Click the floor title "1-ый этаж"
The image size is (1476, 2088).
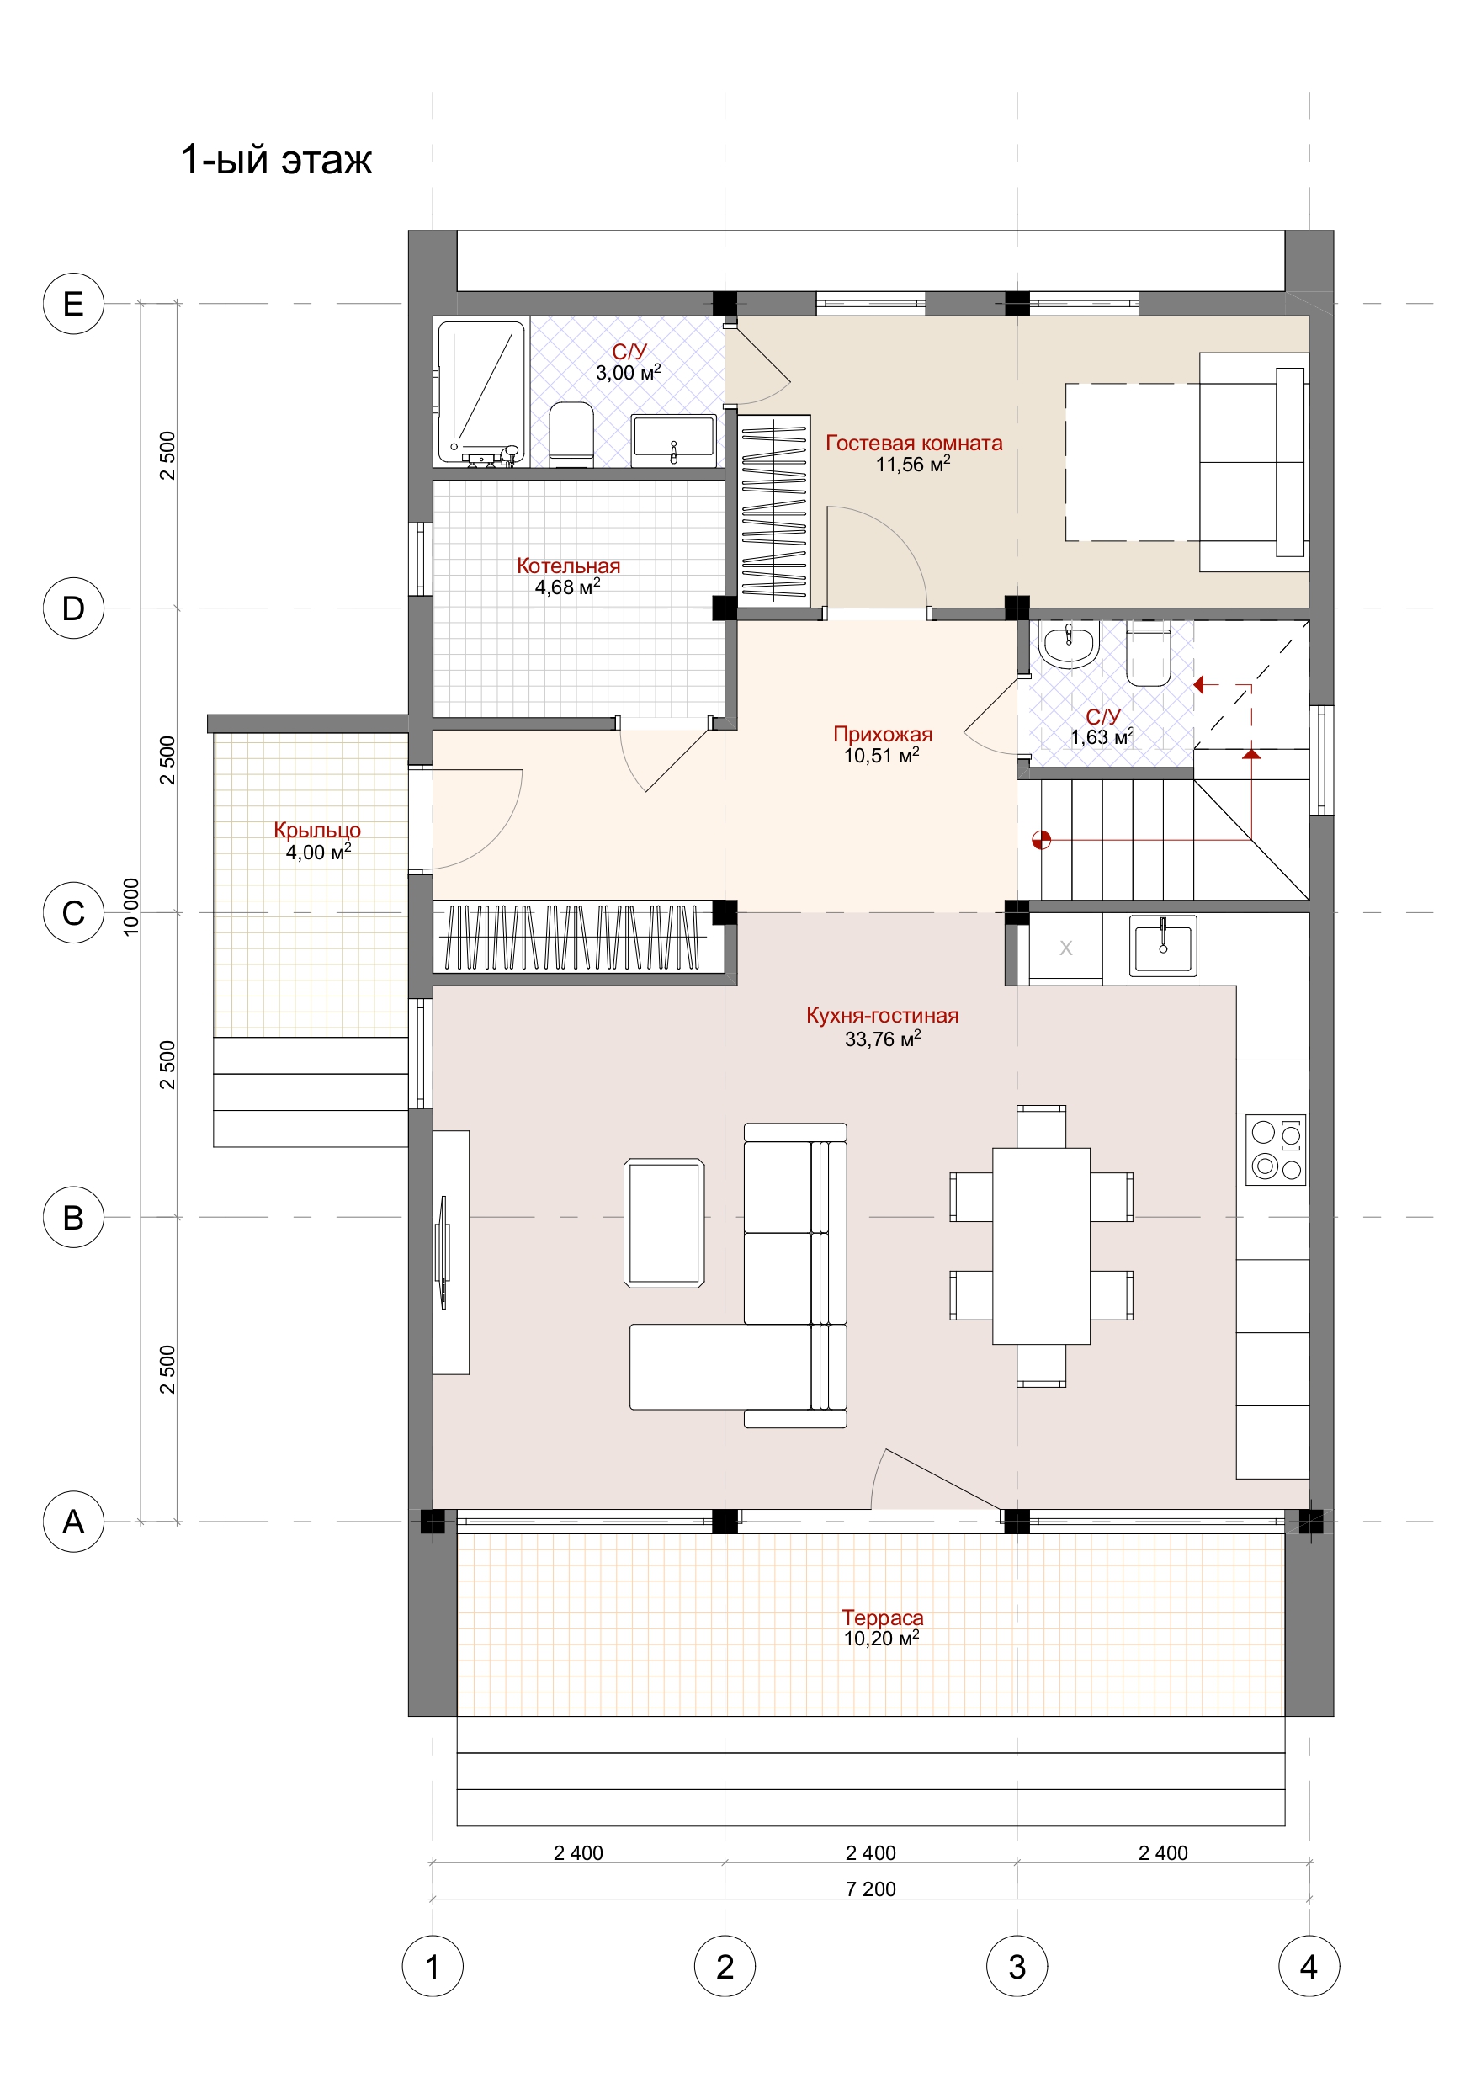pyautogui.click(x=277, y=159)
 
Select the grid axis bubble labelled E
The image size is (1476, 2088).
pyautogui.click(x=74, y=303)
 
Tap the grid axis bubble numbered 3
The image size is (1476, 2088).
pyautogui.click(x=1017, y=1966)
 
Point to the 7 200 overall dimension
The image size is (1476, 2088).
pyautogui.click(x=870, y=1889)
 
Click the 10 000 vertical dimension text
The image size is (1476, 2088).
pyautogui.click(x=131, y=906)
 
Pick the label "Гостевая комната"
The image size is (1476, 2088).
pyautogui.click(x=914, y=443)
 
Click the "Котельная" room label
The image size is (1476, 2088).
pyautogui.click(x=568, y=566)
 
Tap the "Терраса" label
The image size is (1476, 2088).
pyautogui.click(x=882, y=1617)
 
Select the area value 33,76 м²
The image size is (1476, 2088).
pyautogui.click(x=882, y=1038)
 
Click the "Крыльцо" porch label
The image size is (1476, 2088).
pyautogui.click(x=317, y=829)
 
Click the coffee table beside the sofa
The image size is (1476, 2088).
pyautogui.click(x=664, y=1222)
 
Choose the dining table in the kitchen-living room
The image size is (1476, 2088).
pyautogui.click(x=1041, y=1246)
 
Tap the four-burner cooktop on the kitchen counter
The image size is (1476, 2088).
pyautogui.click(x=1275, y=1150)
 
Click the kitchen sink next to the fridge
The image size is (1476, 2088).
pyautogui.click(x=1162, y=945)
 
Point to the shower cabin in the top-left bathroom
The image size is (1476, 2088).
pyautogui.click(x=481, y=392)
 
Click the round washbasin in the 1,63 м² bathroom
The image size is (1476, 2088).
pyautogui.click(x=1069, y=645)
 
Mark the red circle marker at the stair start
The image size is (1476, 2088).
pyautogui.click(x=1041, y=839)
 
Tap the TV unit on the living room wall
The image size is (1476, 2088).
pyautogui.click(x=450, y=1252)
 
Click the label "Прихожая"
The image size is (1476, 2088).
pyautogui.click(x=882, y=734)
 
